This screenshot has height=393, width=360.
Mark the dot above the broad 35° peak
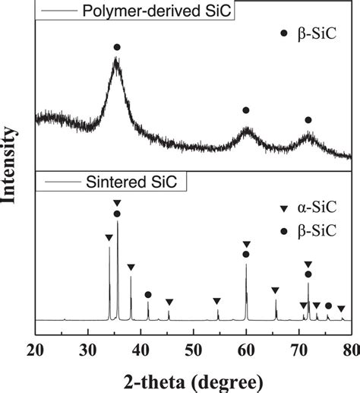point(117,47)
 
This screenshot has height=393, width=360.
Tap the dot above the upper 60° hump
point(245,110)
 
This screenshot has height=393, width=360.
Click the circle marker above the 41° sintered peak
point(148,294)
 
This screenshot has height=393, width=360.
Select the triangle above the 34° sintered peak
point(109,238)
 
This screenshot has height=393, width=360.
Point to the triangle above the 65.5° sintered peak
point(275,290)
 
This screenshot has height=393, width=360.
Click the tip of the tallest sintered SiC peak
point(117,221)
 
